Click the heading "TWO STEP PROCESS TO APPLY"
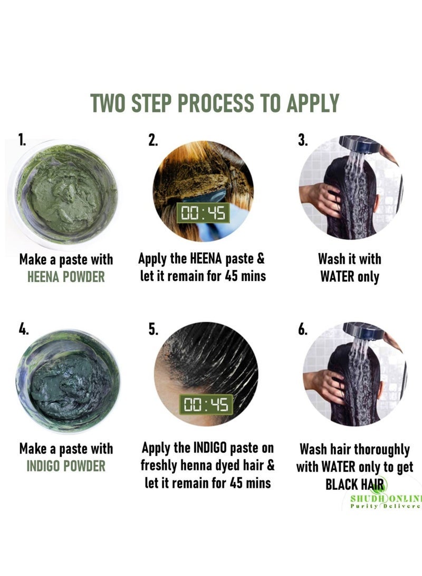click(214, 103)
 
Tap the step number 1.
click(22, 140)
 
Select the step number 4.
click(23, 330)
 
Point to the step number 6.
click(302, 330)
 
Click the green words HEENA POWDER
click(65, 277)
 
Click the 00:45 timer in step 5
click(207, 404)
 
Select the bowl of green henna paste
click(66, 192)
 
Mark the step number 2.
click(153, 140)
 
